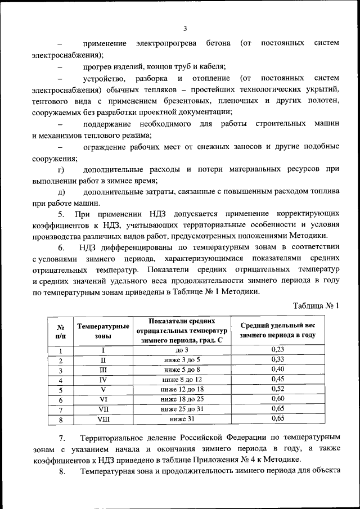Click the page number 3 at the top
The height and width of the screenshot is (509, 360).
[x=184, y=29]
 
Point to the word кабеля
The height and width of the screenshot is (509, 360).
[x=211, y=66]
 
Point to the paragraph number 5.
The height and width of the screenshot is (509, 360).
[x=61, y=215]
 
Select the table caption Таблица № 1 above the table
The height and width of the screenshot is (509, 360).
[x=317, y=306]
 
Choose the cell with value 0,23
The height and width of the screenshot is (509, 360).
[x=277, y=350]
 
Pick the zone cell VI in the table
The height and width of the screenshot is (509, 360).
[x=103, y=399]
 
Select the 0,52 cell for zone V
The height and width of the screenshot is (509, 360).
[x=277, y=389]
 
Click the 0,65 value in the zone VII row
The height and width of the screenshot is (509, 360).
[x=277, y=408]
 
